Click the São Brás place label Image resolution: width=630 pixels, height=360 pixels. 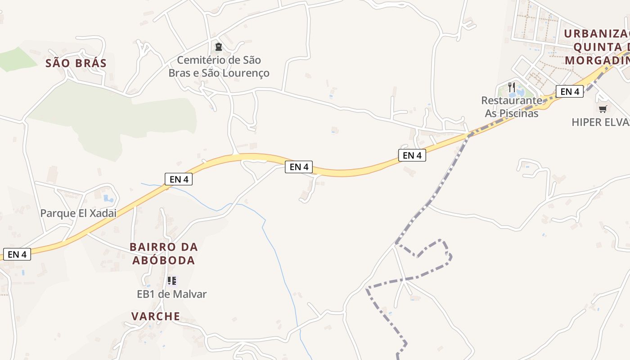click(76, 63)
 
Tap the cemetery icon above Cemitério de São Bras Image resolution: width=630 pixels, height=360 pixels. click(219, 46)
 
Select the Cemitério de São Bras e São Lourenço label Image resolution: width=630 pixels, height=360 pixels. click(219, 67)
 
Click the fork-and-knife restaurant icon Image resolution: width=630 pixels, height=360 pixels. click(511, 87)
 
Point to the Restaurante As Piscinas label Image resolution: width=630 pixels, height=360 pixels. click(512, 107)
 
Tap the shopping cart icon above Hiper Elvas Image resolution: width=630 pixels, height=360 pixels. click(603, 109)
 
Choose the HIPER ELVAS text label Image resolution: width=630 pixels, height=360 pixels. click(600, 122)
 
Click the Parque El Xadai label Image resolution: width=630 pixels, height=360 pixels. click(78, 213)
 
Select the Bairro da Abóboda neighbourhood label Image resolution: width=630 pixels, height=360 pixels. click(164, 254)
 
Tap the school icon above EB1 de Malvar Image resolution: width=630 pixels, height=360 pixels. click(171, 281)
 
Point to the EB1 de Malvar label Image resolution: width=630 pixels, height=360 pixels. click(171, 294)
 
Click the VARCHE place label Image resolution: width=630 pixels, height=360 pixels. click(156, 316)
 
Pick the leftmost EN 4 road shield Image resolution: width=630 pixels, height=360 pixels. click(17, 254)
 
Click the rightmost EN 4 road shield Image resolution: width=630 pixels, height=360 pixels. click(570, 92)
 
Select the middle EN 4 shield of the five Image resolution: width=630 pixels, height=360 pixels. click(299, 167)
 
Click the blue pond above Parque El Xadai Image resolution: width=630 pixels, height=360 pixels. click(108, 198)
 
